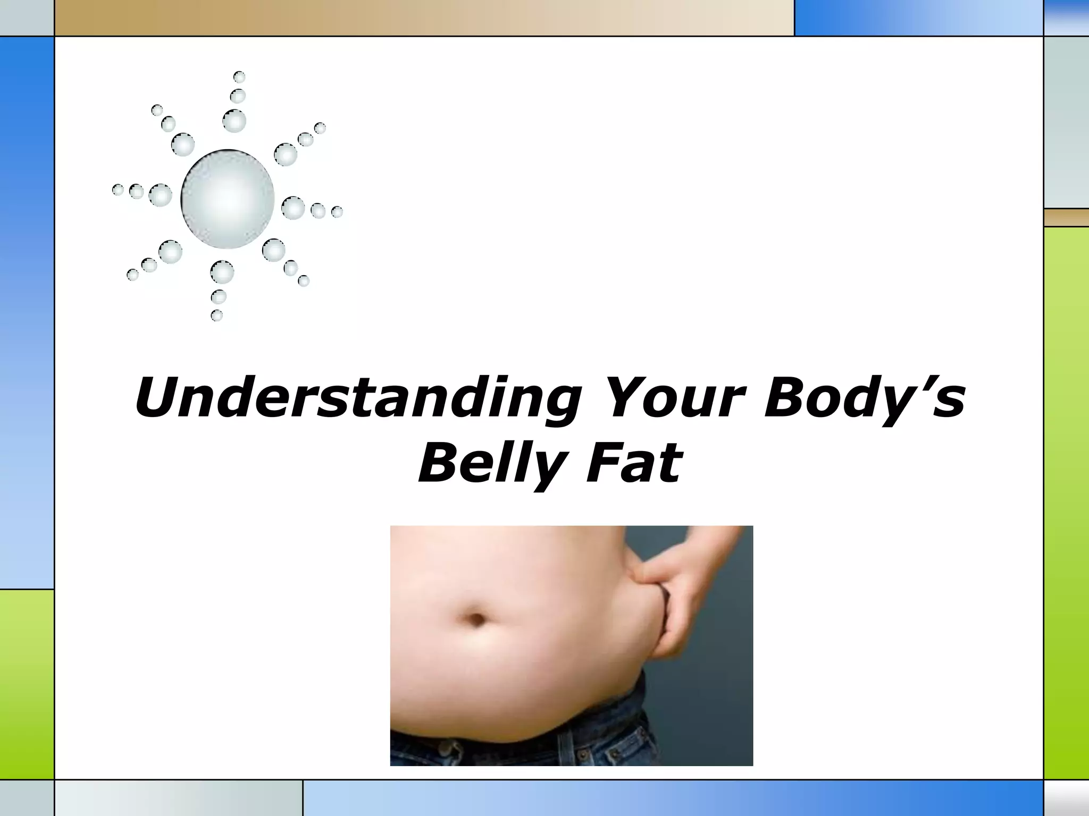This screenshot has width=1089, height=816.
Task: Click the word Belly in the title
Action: [x=489, y=464]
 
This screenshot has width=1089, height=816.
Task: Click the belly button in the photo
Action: [x=477, y=618]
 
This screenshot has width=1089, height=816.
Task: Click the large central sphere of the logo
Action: [x=228, y=199]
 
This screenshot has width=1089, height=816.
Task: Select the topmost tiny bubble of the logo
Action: [x=239, y=77]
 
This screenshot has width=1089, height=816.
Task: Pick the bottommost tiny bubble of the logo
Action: [x=216, y=316]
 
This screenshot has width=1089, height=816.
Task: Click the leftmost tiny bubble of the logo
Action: [x=118, y=190]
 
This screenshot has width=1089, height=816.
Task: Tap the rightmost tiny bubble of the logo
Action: [x=337, y=212]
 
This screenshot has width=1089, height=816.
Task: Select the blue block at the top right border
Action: [x=918, y=18]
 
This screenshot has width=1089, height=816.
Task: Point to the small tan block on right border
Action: [x=1066, y=217]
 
